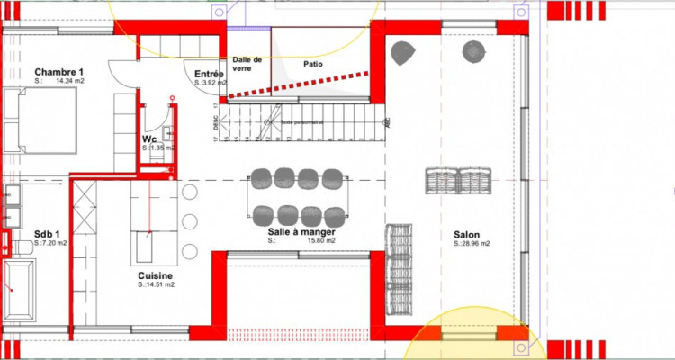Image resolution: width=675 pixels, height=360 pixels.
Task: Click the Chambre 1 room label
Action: [59, 72]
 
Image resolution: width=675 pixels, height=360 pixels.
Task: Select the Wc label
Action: [150, 140]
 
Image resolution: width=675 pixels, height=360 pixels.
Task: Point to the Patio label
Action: [313, 64]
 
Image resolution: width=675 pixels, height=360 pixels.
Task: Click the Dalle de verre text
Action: [246, 65]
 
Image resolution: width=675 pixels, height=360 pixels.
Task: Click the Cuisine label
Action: [156, 275]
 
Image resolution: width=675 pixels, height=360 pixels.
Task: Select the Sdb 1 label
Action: [49, 234]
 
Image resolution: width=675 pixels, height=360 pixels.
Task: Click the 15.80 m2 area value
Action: [321, 241]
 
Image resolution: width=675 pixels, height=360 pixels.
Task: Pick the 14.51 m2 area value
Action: [160, 284]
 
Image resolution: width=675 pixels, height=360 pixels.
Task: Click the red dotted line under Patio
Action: [297, 85]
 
